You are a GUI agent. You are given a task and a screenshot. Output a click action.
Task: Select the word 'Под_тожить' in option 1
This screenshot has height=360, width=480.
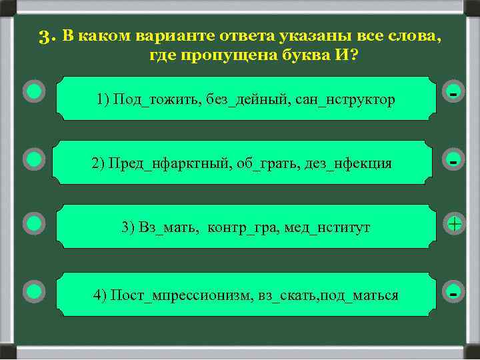point(147,99)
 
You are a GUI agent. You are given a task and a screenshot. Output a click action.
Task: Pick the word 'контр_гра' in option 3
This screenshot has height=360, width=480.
point(243,227)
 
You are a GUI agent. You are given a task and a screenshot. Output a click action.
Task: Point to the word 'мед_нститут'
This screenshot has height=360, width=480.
point(327,227)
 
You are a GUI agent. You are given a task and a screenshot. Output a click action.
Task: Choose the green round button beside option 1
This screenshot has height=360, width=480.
point(34,91)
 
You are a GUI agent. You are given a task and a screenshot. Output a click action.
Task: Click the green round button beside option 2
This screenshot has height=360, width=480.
point(34,159)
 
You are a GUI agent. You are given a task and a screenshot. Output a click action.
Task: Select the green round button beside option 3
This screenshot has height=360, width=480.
point(34,223)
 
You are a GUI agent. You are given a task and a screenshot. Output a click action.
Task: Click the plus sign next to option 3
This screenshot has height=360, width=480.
point(454,225)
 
